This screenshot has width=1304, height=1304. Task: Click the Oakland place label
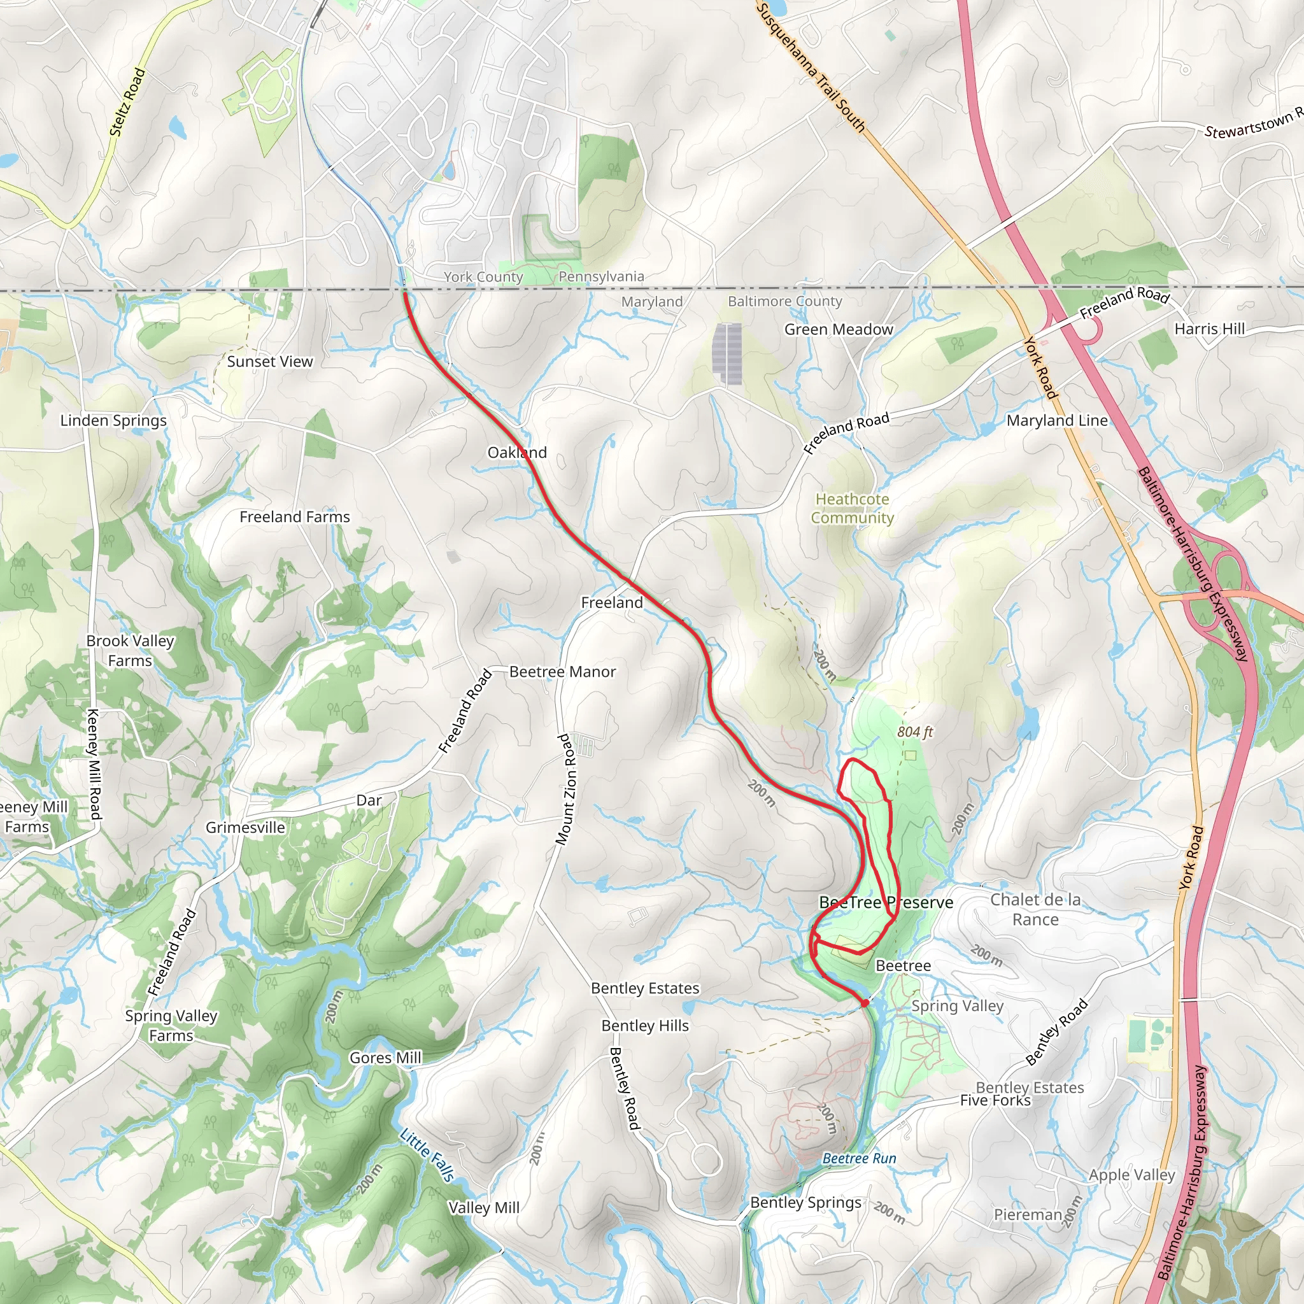click(517, 452)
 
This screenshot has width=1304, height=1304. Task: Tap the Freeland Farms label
click(295, 517)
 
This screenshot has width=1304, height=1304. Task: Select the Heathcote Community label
click(852, 508)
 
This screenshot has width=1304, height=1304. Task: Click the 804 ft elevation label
click(914, 732)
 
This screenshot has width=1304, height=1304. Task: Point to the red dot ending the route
click(865, 1003)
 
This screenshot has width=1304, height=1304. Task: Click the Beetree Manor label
click(562, 672)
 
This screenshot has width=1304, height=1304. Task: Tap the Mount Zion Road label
click(566, 789)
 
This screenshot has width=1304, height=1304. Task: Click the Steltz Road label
click(127, 102)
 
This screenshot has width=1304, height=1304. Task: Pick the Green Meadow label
click(839, 329)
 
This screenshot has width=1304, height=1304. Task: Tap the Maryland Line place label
click(1057, 420)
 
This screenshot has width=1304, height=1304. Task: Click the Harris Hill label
click(1210, 329)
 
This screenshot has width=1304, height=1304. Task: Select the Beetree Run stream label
click(859, 1158)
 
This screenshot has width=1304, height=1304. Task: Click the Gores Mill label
click(385, 1058)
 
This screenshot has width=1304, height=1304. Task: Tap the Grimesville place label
click(245, 828)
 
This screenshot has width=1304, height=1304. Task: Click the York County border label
click(483, 277)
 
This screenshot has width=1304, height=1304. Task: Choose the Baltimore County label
click(785, 301)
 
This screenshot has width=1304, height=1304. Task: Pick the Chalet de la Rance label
click(1035, 909)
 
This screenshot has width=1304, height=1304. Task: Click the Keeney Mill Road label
click(94, 764)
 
